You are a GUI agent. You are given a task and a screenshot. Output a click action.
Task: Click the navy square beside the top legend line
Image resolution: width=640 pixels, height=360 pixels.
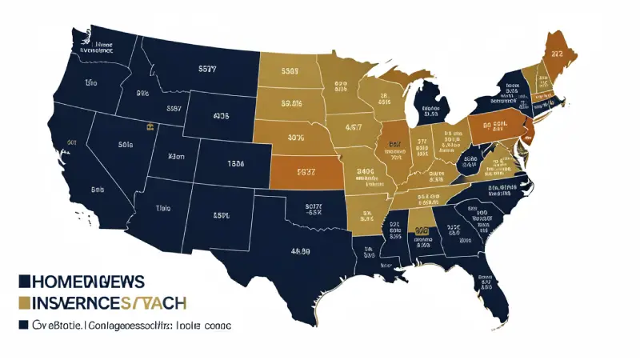[x=24, y=281]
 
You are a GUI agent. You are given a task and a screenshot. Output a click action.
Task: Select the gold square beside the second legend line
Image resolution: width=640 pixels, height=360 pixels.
[x=24, y=302]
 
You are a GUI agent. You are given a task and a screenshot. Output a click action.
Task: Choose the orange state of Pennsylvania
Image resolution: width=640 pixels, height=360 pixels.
[x=488, y=126]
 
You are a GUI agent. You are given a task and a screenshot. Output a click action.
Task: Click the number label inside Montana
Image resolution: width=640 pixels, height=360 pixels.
[x=206, y=70]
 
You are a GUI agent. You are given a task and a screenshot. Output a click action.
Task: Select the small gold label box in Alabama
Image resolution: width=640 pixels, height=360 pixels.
[x=422, y=230]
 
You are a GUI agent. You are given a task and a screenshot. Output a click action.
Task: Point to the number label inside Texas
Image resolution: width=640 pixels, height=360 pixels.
[x=300, y=250]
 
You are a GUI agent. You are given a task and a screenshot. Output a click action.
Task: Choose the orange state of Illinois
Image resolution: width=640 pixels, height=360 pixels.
[x=394, y=150]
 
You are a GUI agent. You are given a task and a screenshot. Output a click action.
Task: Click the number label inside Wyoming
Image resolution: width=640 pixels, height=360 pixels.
[x=221, y=116]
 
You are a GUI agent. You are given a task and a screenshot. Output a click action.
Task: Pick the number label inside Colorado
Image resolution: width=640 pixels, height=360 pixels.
[x=235, y=163]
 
